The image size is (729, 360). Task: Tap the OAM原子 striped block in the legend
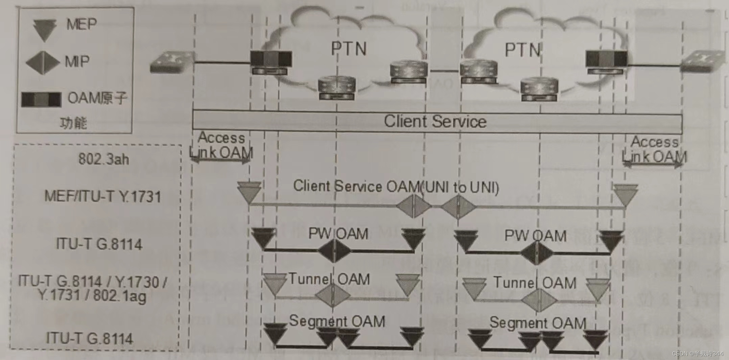coord(41,99)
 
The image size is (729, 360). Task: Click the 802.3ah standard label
coord(104,159)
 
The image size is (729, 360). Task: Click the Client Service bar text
coord(435,121)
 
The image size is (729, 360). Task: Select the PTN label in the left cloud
coord(349,49)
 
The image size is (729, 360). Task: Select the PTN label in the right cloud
coord(522,50)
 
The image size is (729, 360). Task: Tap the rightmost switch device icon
coord(703,62)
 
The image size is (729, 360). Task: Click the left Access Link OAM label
coord(221,145)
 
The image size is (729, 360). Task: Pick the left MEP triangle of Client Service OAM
coord(249,192)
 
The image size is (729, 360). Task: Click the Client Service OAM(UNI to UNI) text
coord(396,187)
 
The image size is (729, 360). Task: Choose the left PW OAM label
coord(338,234)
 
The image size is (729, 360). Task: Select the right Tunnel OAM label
coord(535,283)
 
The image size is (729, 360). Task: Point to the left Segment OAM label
coord(337,321)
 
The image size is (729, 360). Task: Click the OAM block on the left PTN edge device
coord(271,59)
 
